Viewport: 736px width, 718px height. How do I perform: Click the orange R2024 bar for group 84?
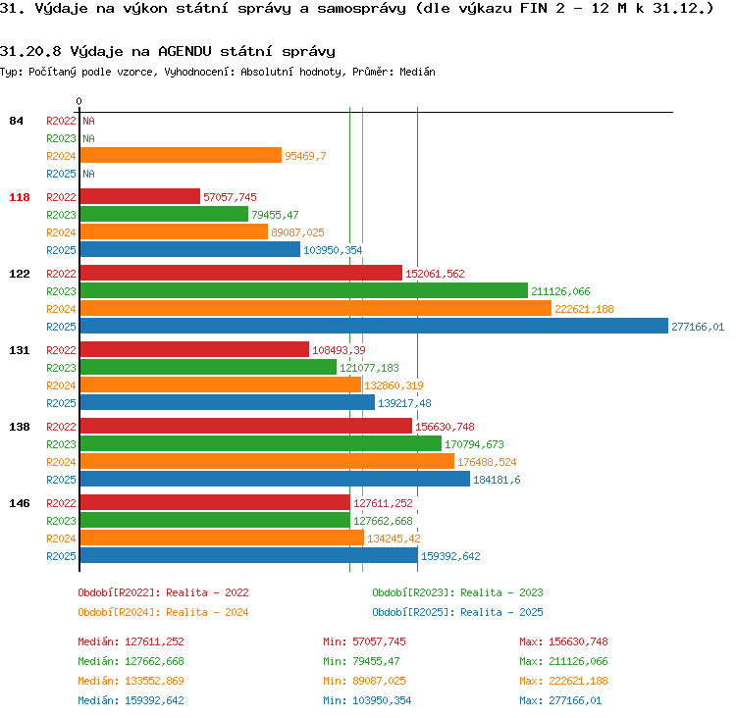click(x=181, y=155)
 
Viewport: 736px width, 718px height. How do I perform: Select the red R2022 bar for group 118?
click(x=140, y=196)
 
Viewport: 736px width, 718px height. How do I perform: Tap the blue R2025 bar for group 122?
click(x=374, y=327)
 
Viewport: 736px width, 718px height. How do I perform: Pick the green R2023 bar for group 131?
click(x=208, y=368)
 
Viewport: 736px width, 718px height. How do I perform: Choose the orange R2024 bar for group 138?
click(x=267, y=461)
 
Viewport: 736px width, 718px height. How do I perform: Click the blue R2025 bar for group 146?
click(x=249, y=555)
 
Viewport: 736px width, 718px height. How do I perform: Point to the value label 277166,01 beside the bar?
click(x=698, y=327)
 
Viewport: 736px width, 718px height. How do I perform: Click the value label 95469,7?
click(x=305, y=156)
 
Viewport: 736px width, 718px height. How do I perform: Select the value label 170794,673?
click(x=474, y=444)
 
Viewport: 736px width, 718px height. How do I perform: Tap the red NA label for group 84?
click(x=88, y=121)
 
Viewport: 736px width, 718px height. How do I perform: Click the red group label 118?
click(x=20, y=197)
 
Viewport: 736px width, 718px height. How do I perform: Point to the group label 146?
click(x=20, y=503)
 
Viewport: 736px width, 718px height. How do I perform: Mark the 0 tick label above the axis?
click(x=79, y=101)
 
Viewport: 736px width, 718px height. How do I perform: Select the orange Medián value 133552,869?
click(x=154, y=681)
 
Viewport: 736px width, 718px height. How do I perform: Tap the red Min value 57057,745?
click(x=379, y=641)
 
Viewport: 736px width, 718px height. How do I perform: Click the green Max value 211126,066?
click(x=578, y=661)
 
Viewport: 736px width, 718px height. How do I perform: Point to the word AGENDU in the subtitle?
click(x=184, y=51)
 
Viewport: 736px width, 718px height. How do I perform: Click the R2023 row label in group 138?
click(x=61, y=444)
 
